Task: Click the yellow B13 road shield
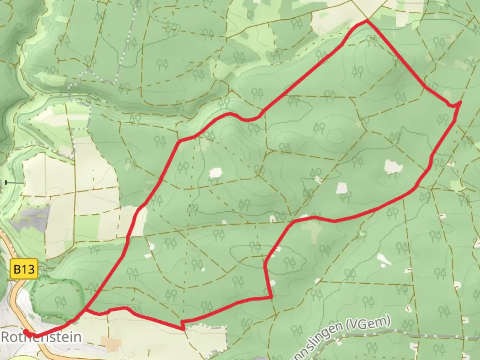pos(24,269)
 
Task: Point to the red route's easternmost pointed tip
pos(460,102)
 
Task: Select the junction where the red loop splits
pos(86,310)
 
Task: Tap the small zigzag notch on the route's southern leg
pos(182,324)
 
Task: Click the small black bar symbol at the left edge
pos(6,182)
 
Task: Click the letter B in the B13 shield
pos(17,269)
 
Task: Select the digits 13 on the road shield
pos(29,269)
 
